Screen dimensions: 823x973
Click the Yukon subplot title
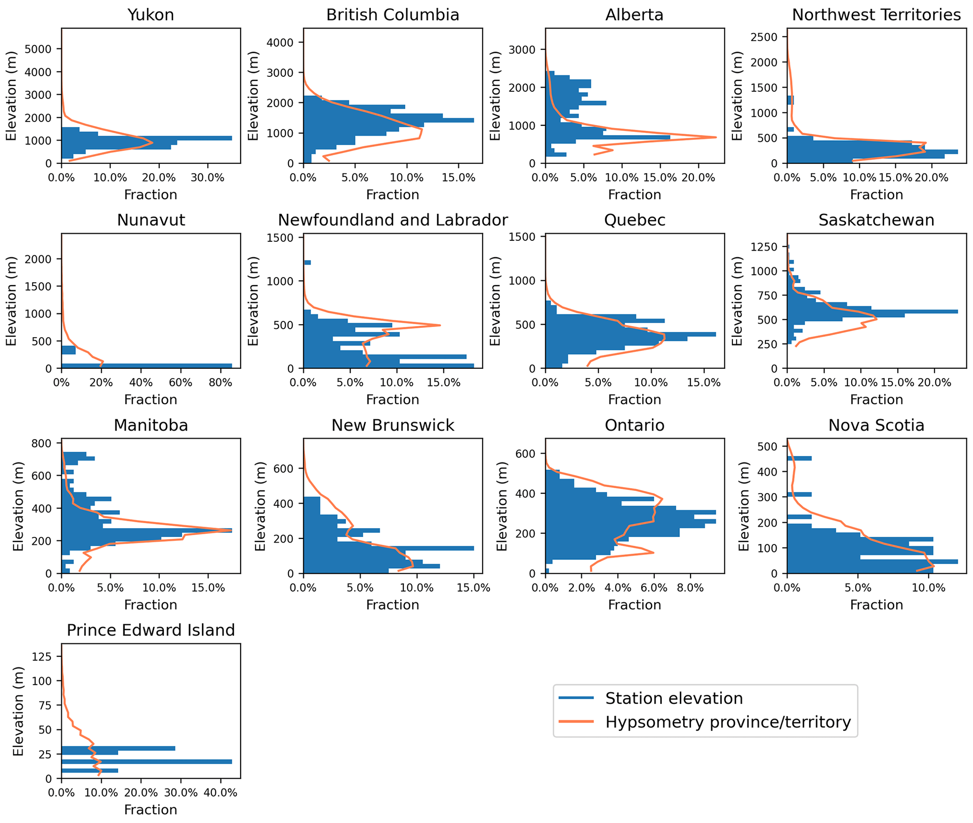coord(151,15)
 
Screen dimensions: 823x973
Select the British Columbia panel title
coord(393,15)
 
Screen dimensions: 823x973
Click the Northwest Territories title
coord(876,15)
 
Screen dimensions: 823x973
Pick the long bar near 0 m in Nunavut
coord(146,366)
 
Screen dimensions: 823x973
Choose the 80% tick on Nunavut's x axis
coord(220,383)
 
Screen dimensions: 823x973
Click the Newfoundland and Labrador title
coord(393,220)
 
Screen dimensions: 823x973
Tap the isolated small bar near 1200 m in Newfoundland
coord(307,262)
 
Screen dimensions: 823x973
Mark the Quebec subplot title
coord(635,220)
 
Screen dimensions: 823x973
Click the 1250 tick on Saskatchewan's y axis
coord(768,247)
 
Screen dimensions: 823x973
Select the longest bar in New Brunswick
coord(388,548)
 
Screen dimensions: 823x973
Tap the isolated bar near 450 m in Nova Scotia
coord(799,458)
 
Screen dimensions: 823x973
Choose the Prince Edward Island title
coord(151,630)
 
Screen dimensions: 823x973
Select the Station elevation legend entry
coord(674,698)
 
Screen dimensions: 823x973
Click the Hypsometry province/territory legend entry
coord(728,722)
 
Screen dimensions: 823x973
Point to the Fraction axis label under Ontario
coord(635,605)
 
